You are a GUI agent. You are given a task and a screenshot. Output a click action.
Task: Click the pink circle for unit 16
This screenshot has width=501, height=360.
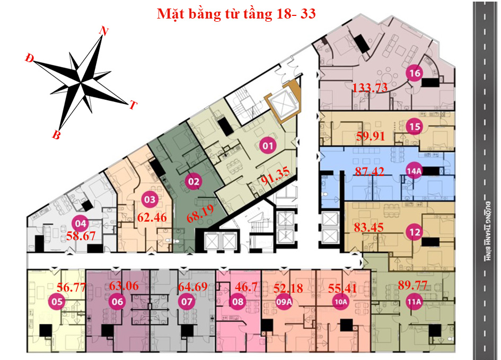tap(414, 74)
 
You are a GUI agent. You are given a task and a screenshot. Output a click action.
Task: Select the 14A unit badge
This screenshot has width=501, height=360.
tap(414, 171)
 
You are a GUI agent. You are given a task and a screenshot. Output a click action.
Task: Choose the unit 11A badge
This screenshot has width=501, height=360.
tap(414, 302)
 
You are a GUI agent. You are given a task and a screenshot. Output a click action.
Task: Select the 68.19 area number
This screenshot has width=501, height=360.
tap(204, 217)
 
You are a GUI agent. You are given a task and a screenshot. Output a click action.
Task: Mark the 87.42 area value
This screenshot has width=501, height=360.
tap(370, 172)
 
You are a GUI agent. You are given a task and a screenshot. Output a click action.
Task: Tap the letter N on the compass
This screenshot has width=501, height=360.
tap(104, 32)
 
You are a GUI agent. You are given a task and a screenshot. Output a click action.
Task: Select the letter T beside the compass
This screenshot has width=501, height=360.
tap(133, 106)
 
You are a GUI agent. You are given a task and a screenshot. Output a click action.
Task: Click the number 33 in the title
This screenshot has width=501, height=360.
tap(305, 14)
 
